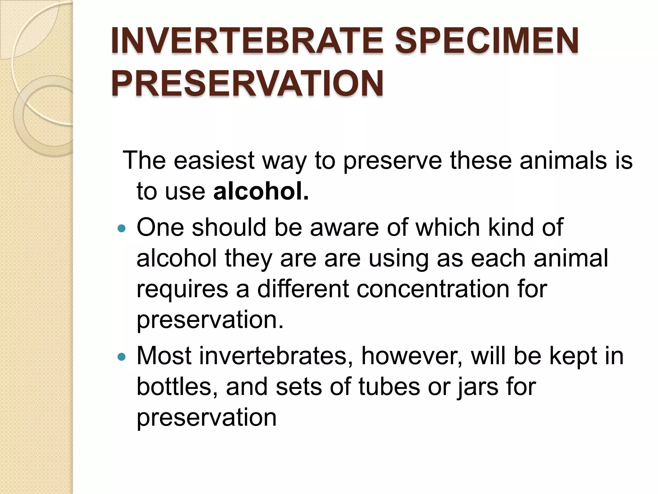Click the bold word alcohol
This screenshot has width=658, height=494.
tap(261, 191)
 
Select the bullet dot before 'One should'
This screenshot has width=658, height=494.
tap(121, 229)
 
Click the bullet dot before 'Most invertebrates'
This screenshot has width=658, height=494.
tap(121, 357)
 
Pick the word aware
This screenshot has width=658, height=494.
tap(344, 227)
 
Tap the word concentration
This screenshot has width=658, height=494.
tap(433, 288)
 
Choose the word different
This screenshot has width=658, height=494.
tap(303, 288)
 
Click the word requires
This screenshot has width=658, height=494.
tap(182, 289)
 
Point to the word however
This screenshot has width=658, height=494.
tap(412, 356)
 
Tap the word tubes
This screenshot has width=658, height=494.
tap(389, 387)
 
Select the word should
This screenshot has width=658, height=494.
tap(229, 227)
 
